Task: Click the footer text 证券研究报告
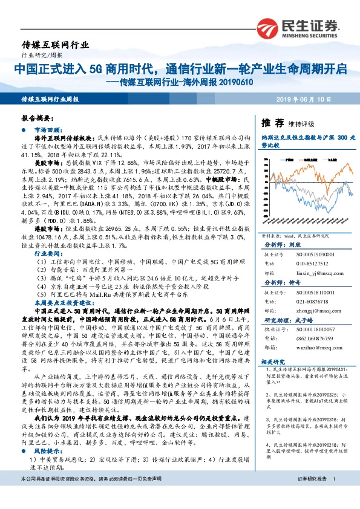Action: [312, 495]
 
